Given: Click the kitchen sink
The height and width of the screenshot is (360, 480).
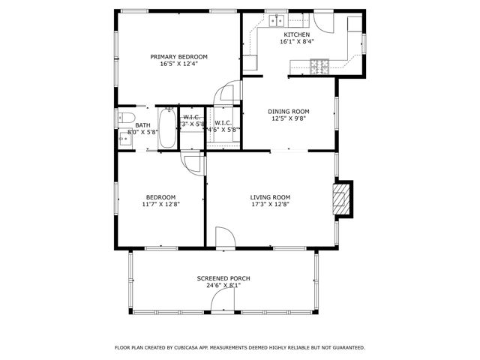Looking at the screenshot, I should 277,20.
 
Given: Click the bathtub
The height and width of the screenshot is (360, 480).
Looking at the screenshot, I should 169,128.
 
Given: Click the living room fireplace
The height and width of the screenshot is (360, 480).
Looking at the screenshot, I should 342,199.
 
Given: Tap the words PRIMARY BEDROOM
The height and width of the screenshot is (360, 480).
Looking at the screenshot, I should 178,57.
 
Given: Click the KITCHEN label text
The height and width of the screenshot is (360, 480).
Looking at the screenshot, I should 296,34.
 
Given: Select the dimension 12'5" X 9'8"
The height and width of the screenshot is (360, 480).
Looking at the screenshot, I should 289,118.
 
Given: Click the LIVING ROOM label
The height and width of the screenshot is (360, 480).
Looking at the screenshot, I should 270,197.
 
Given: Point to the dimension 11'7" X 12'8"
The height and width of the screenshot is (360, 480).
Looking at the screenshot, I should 160,204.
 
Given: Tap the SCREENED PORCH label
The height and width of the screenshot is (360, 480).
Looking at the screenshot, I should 223,278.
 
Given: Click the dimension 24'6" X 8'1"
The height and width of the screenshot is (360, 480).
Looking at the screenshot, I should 223,285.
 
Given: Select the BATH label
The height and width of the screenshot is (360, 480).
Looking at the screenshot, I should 142,125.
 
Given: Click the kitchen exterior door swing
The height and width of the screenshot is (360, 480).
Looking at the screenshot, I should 323,20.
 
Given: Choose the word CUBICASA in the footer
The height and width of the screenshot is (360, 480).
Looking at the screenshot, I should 192,347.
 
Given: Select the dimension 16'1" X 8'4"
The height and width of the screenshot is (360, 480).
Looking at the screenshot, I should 296,42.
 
